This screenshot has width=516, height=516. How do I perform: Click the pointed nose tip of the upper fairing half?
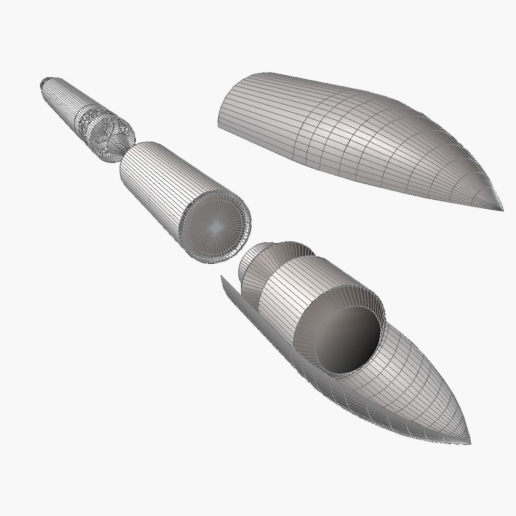(x=502, y=209)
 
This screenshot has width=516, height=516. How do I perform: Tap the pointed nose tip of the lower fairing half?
(x=470, y=443)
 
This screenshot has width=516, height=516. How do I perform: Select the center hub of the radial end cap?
(x=216, y=228)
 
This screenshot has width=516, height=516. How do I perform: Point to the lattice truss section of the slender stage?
(x=106, y=131)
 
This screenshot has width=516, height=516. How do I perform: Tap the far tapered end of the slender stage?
(x=44, y=84)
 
